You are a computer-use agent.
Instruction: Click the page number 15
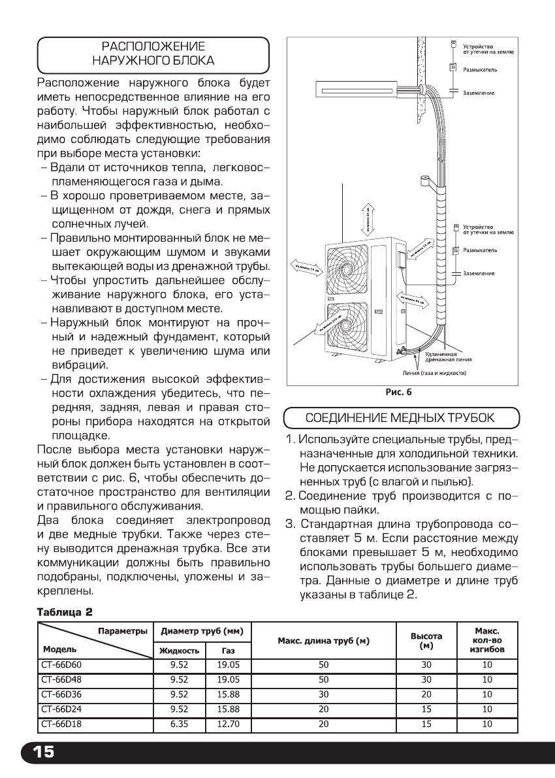tap(39, 752)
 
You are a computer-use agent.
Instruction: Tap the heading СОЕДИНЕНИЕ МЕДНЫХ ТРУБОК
tap(401, 417)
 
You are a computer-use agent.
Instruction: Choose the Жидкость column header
tap(178, 651)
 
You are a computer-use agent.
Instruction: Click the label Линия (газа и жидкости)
tap(434, 373)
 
